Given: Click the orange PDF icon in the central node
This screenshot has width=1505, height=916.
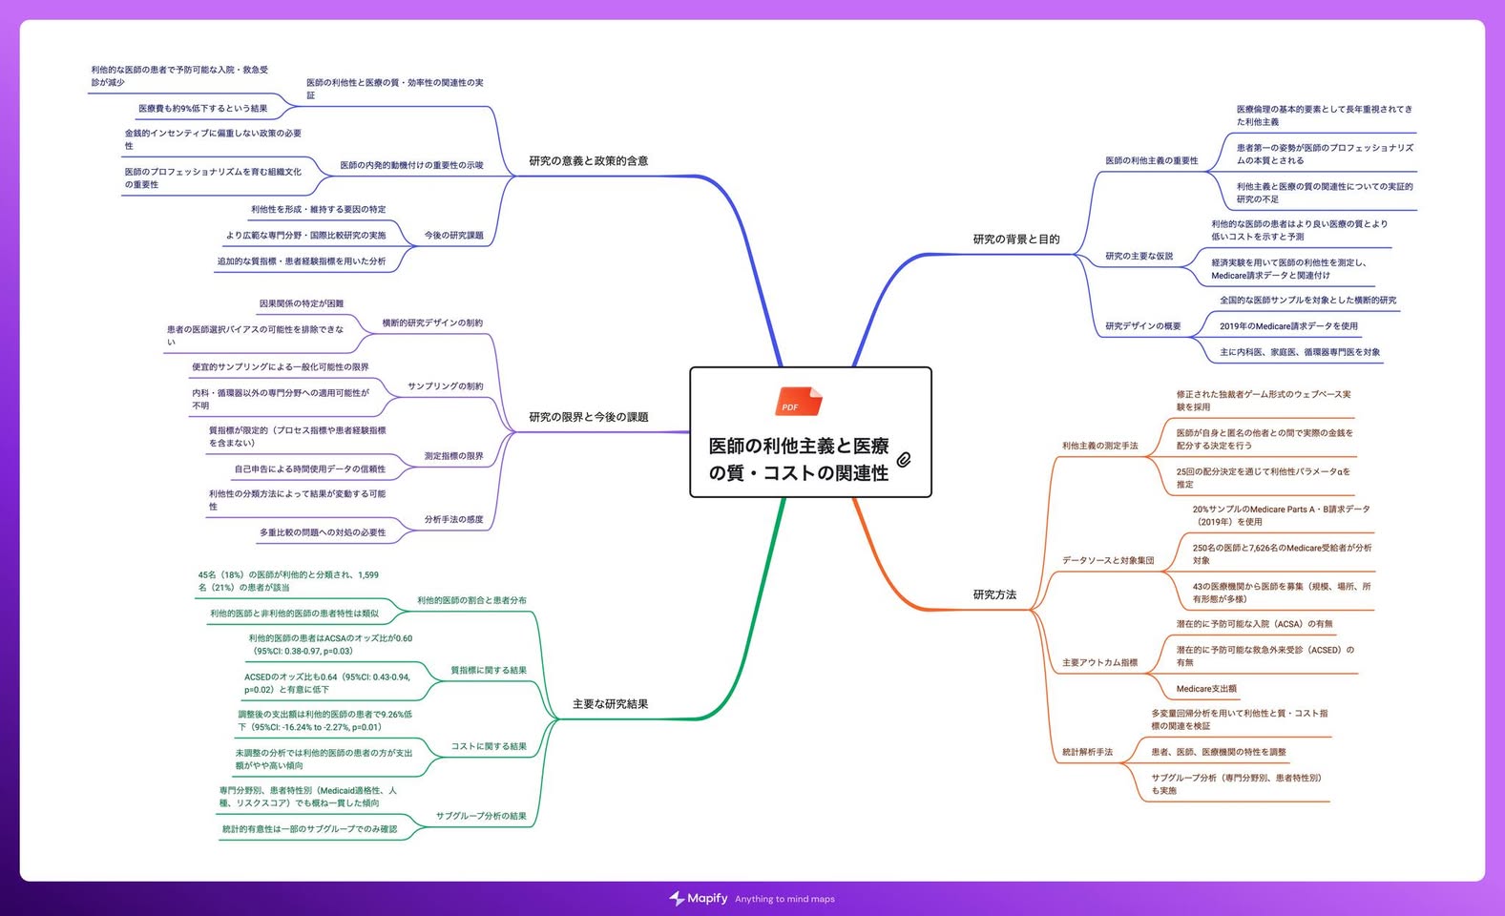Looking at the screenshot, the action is (x=798, y=402).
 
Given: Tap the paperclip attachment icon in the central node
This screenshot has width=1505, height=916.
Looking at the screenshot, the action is (x=904, y=460).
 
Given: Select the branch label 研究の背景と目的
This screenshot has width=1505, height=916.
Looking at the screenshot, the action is (x=1015, y=239).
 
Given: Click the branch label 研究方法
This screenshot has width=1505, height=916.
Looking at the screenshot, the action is (x=994, y=594).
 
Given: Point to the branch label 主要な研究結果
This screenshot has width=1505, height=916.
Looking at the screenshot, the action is (x=610, y=704).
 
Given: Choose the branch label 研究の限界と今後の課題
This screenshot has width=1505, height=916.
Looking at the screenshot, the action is (x=589, y=417).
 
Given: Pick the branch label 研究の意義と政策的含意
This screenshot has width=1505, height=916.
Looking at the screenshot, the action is (x=589, y=161).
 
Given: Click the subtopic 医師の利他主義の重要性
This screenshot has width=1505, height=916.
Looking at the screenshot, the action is (x=1152, y=161).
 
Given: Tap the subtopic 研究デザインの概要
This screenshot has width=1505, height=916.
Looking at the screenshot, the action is (x=1143, y=326).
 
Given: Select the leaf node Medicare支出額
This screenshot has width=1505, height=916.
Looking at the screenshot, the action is (x=1206, y=688).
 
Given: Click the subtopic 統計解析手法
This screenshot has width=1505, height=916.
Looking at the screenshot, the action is (x=1087, y=752).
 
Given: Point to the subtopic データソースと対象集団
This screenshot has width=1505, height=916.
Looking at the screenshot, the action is (x=1108, y=560).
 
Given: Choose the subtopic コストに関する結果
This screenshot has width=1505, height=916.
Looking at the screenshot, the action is (x=489, y=746).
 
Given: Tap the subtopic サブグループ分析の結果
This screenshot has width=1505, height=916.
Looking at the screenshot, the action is (x=481, y=816).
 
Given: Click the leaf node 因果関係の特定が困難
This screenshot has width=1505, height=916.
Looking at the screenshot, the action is (x=302, y=303).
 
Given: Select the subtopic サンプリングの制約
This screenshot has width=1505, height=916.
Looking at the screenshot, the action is (x=446, y=386).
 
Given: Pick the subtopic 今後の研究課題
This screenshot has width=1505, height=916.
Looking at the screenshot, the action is (x=453, y=235).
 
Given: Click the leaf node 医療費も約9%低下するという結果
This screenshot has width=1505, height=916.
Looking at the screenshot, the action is (x=203, y=108).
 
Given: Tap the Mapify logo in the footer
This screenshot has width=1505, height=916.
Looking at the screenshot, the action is (x=698, y=898).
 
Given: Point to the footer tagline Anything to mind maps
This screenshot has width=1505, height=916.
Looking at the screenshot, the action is (x=784, y=899).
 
